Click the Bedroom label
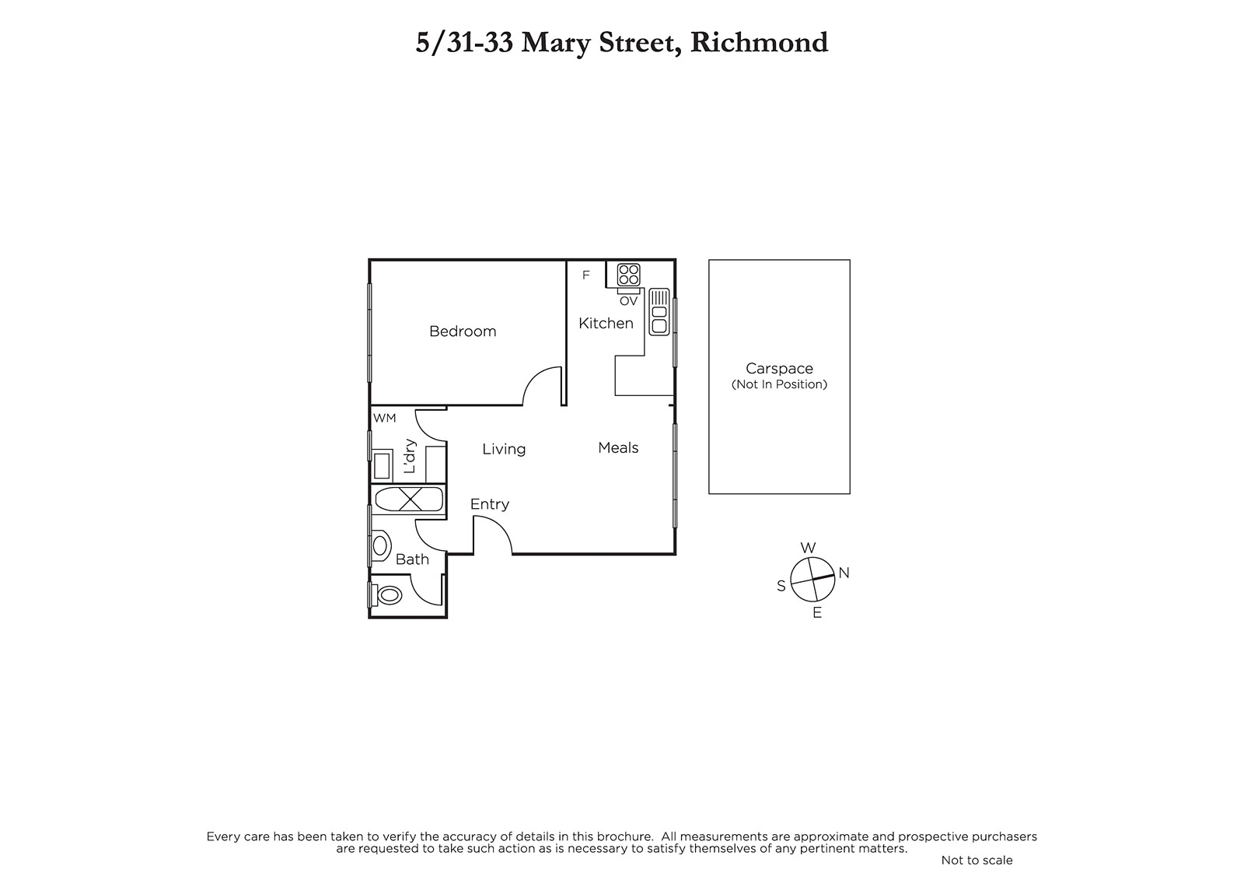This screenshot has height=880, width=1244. pyautogui.click(x=463, y=331)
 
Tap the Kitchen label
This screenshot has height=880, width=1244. pyautogui.click(x=606, y=323)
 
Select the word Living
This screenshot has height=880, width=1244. pyautogui.click(x=504, y=449)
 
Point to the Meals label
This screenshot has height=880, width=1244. pyautogui.click(x=618, y=447)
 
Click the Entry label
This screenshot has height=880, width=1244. pyautogui.click(x=489, y=504)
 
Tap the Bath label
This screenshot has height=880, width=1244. pyautogui.click(x=412, y=559)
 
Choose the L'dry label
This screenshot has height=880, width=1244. pyautogui.click(x=410, y=457)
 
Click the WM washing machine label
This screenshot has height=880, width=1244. pyautogui.click(x=384, y=418)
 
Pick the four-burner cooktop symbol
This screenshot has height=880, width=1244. pyautogui.click(x=628, y=275)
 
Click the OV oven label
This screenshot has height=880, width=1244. pyautogui.click(x=628, y=301)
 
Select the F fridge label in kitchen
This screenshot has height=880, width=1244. pyautogui.click(x=585, y=275)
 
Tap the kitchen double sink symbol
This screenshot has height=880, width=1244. pyautogui.click(x=659, y=312)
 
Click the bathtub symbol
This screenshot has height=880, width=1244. pyautogui.click(x=409, y=500)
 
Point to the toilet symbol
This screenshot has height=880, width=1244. pyautogui.click(x=388, y=594)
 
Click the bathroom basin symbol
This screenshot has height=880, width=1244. pyautogui.click(x=381, y=545)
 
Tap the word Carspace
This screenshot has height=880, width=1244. pyautogui.click(x=779, y=369)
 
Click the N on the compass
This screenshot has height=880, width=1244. pyautogui.click(x=844, y=573)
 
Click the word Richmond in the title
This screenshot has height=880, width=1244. pyautogui.click(x=759, y=42)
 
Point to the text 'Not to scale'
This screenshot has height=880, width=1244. pyautogui.click(x=977, y=860)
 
